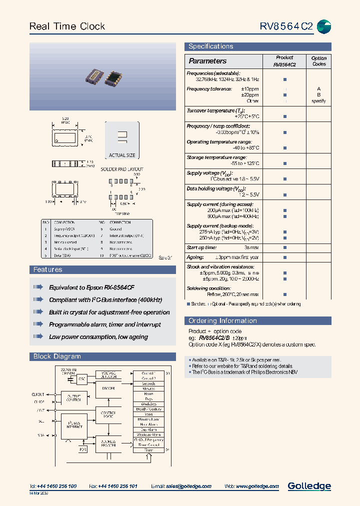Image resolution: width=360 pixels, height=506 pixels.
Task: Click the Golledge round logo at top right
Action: (324, 26)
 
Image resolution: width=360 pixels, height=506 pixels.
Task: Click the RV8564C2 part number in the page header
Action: (286, 26)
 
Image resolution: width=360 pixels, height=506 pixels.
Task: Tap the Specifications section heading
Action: (210, 46)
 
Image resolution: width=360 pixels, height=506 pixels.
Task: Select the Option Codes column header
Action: (318, 61)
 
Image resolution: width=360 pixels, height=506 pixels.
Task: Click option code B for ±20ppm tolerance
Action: (318, 94)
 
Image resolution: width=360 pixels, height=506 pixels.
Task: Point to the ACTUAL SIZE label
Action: (122, 155)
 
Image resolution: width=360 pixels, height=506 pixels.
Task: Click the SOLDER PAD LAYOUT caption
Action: (122, 169)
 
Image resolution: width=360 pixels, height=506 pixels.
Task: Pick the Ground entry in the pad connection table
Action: (116, 228)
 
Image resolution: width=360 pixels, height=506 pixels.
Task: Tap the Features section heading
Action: (47, 270)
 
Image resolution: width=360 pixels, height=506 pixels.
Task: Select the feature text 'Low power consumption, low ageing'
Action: (98, 337)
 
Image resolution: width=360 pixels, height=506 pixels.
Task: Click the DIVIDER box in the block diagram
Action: (108, 388)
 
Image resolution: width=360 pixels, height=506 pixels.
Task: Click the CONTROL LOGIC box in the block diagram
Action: (108, 414)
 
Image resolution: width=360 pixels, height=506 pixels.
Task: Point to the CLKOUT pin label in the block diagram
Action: (38, 394)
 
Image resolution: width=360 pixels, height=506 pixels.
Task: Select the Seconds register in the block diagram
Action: (148, 383)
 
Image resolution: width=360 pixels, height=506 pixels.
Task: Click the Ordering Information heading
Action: (222, 321)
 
